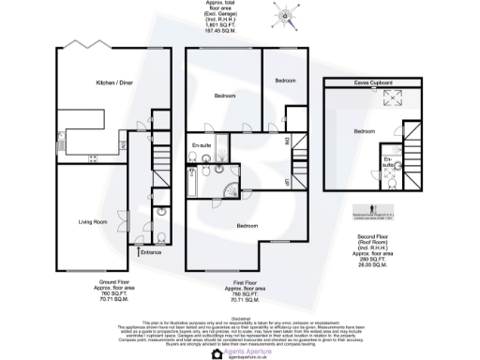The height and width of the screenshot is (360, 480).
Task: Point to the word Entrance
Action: click(x=150, y=253)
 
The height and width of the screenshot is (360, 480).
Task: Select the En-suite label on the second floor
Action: click(x=388, y=163)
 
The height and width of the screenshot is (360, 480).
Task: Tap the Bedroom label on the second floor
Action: click(x=366, y=130)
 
